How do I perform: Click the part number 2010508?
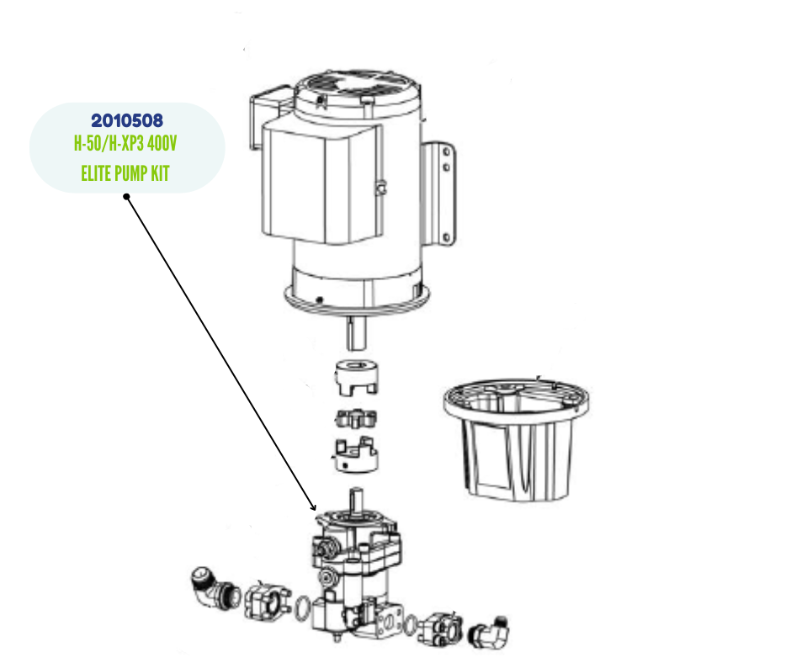tap(126, 120)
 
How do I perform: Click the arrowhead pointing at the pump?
tap(312, 507)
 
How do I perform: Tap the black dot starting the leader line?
tap(126, 197)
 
